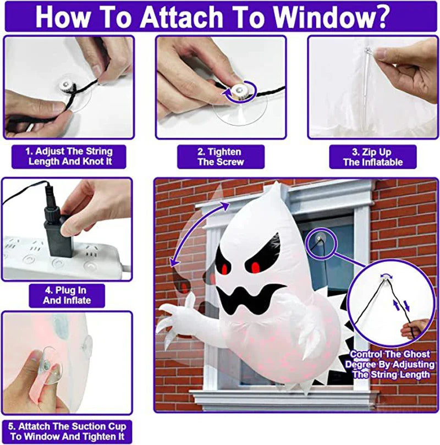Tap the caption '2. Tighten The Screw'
pyautogui.click(x=220, y=157)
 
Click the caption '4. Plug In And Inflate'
pyautogui.click(x=67, y=295)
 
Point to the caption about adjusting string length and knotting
pyautogui.click(x=68, y=157)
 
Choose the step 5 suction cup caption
pyautogui.click(x=67, y=431)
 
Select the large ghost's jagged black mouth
pyautogui.click(x=248, y=298)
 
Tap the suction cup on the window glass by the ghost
pyautogui.click(x=321, y=239)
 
